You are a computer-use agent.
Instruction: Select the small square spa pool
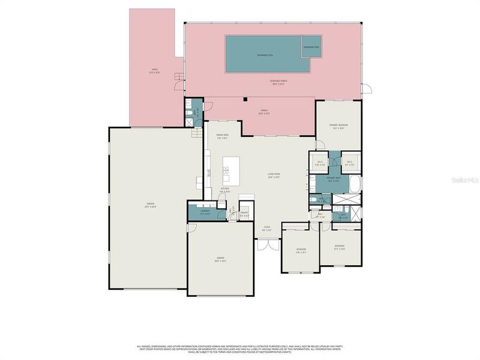311,47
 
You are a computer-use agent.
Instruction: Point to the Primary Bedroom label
338,126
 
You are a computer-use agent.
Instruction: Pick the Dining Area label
223,136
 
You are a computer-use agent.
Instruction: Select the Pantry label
244,213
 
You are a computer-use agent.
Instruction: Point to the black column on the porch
245,99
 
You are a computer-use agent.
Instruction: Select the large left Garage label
150,205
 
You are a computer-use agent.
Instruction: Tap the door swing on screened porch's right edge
367,90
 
